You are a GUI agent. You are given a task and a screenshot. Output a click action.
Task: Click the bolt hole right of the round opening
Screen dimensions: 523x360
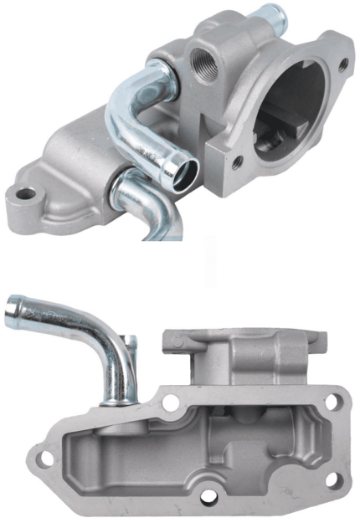(x=342, y=64)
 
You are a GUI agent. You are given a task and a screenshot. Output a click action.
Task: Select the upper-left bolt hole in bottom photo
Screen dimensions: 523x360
(x=172, y=403)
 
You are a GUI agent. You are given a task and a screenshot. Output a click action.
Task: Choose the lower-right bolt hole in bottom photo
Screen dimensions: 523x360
(x=332, y=480)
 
